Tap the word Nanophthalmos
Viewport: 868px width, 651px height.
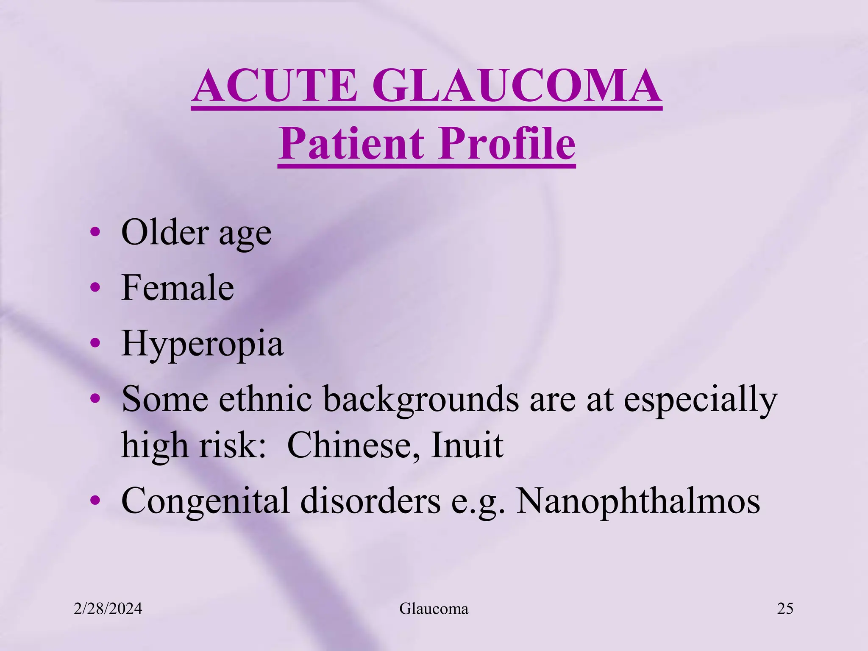(638, 501)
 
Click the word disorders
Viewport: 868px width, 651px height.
(370, 501)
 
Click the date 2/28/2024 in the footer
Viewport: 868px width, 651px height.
(108, 609)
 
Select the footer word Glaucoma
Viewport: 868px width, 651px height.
(434, 609)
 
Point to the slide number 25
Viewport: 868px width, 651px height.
(785, 609)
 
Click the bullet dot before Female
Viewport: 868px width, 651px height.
(95, 288)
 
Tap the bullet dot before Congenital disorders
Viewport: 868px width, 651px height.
(95, 501)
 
